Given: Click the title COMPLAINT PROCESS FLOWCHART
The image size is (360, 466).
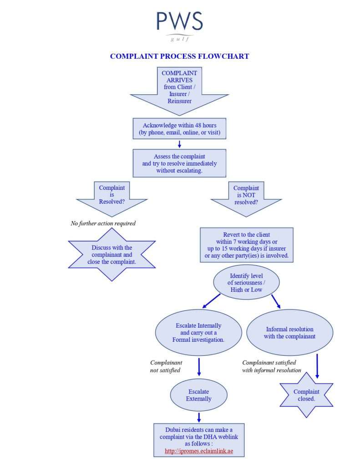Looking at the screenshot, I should tap(179, 56).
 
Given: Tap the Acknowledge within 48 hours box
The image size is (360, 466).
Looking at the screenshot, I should tap(179, 129).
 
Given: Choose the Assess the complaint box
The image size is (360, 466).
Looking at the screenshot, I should tap(179, 163).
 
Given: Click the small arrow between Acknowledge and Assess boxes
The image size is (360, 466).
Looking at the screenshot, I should tap(179, 144).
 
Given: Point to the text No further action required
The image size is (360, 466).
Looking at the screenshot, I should tap(103, 223).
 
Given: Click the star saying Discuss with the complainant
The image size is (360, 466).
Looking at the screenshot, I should tap(112, 254).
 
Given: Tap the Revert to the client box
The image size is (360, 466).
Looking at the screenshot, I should tap(247, 245).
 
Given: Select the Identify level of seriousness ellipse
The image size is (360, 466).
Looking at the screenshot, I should tap(246, 283).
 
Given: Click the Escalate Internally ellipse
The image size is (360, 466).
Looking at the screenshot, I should tap(198, 332).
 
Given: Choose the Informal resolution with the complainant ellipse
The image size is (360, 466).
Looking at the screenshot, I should tap(289, 333).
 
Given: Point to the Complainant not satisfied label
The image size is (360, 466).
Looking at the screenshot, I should tap(166, 366).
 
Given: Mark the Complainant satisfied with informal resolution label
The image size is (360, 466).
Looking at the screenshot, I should tap(272, 366).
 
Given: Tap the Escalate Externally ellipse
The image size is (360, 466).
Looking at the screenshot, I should tap(199, 395).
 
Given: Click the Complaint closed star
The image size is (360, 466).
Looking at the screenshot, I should tap(306, 395).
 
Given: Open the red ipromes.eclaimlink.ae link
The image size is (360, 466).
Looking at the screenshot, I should tap(199, 451).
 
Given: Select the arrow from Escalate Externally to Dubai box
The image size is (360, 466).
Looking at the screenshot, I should tap(199, 417).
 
